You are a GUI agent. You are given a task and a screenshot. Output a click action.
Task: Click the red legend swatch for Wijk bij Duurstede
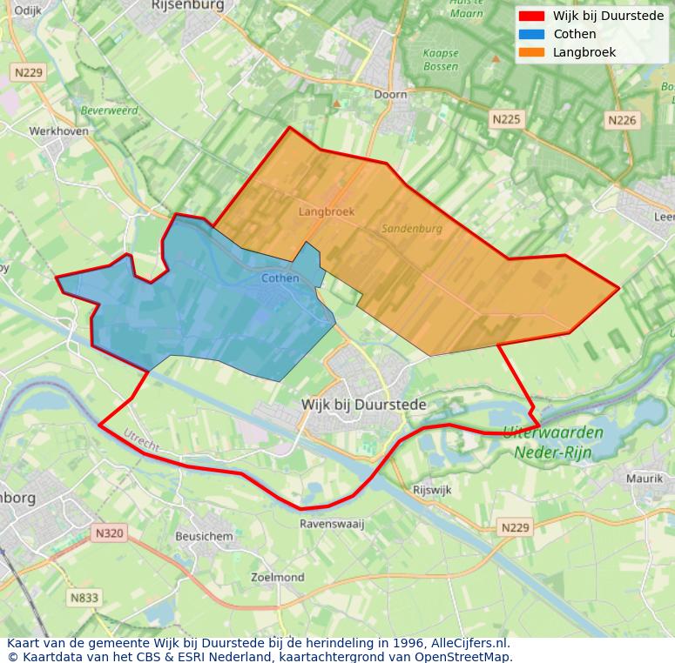[531, 16]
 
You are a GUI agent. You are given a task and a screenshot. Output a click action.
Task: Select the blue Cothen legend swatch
[531, 34]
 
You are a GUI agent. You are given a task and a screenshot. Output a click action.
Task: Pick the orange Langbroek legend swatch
[531, 52]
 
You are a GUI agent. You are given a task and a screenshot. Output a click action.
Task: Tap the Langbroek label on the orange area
[327, 211]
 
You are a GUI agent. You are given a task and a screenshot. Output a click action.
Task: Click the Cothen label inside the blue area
[280, 278]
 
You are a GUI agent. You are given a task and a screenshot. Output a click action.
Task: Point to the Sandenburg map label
[412, 229]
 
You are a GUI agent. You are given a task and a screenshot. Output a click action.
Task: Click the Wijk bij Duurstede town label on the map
[363, 405]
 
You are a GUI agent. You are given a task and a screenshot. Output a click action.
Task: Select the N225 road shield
[506, 119]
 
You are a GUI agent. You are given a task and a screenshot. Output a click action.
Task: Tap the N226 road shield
[622, 120]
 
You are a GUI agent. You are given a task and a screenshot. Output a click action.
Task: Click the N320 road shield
[110, 532]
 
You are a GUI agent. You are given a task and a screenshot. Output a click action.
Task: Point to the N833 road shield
[84, 598]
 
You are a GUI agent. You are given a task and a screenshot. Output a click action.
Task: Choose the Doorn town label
[390, 94]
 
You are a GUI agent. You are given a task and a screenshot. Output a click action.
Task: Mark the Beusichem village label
[204, 537]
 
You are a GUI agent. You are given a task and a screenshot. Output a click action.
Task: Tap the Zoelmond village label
[277, 577]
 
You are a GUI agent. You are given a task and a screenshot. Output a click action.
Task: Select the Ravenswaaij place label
[331, 524]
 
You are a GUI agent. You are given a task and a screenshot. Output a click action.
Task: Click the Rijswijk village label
[433, 490]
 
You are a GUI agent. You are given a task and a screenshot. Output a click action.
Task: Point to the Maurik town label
[645, 479]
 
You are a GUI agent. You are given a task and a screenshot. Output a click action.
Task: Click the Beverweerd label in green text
[110, 111]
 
